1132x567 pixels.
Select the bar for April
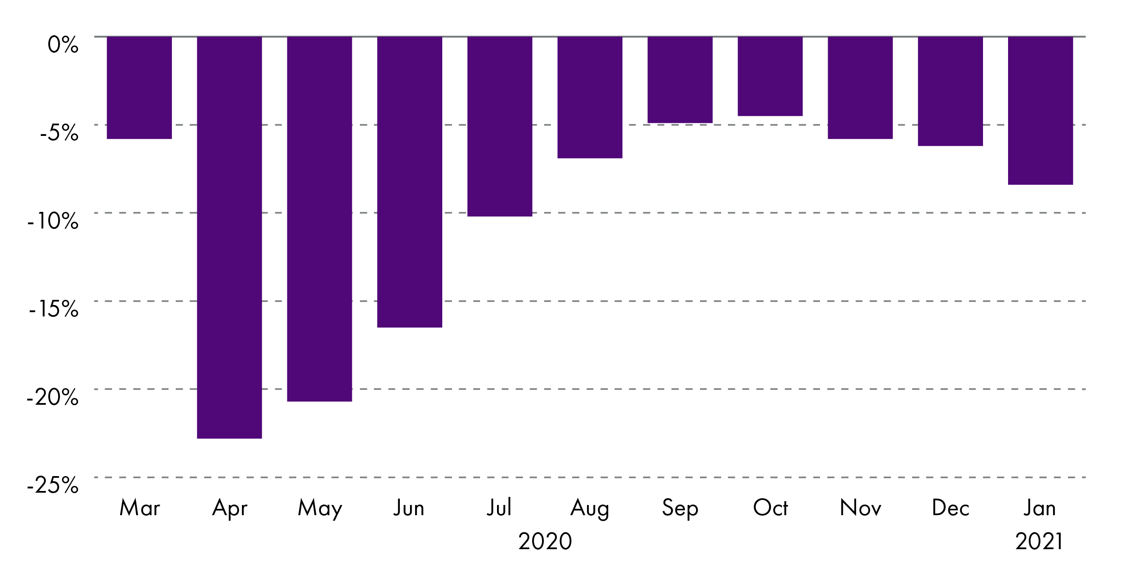click(229, 237)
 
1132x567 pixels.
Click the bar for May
click(320, 219)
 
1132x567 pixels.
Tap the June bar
click(410, 182)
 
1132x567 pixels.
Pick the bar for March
click(139, 87)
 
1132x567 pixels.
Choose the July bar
click(500, 126)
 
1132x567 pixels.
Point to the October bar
click(770, 76)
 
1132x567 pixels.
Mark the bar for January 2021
click(1040, 110)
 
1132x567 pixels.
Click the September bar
click(680, 79)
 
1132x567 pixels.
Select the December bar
click(950, 91)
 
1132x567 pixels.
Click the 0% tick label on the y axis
click(63, 45)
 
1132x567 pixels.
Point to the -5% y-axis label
click(59, 133)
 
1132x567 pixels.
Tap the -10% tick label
click(53, 221)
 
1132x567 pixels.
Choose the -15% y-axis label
click(53, 309)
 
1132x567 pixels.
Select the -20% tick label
click(53, 397)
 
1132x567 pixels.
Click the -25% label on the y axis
click(53, 485)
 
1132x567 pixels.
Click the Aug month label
click(590, 508)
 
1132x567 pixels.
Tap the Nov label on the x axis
click(860, 508)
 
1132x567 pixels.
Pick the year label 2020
click(545, 541)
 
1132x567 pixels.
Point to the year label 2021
click(1039, 541)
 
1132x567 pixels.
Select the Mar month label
click(140, 508)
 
